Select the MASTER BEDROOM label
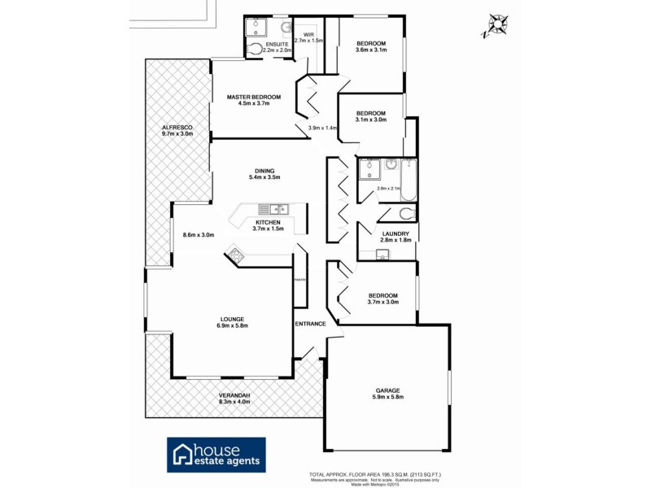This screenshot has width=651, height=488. pos(253,98)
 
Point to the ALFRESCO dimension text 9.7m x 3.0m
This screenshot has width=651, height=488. pos(177,135)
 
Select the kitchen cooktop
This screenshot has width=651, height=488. pos(237,255)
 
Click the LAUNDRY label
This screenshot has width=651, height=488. pos(394,233)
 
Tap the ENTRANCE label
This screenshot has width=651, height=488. pos(310,324)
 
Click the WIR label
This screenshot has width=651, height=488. pos(308,33)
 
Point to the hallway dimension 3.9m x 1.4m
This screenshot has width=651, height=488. pos(322,128)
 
